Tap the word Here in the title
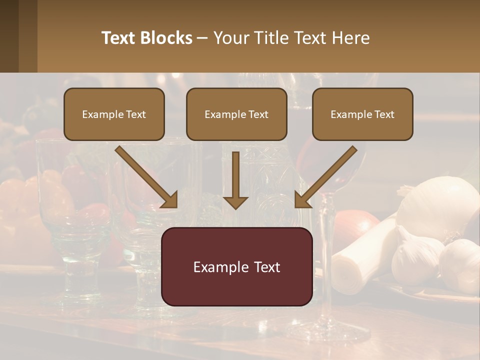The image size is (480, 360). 351,38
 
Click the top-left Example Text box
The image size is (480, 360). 114,114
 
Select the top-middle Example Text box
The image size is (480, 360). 236,114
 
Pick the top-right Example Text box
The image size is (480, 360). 362,114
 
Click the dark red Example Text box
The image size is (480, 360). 236,267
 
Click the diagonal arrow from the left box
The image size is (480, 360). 145,176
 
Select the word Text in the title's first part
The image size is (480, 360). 119,38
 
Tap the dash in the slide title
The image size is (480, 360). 202,38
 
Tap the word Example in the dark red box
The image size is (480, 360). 215,267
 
